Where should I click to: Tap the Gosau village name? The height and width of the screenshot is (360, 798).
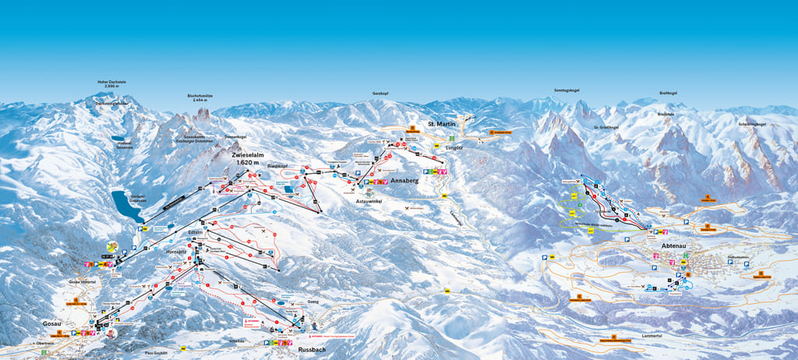tap(52, 321)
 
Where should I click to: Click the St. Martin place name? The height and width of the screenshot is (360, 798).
tap(441, 124)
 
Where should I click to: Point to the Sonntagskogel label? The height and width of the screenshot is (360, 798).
tap(567, 90)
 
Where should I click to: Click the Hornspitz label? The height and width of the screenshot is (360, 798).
tap(177, 252)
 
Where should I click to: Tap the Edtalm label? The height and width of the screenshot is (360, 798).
tap(196, 232)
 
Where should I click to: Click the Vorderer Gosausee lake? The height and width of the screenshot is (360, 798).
tap(123, 206)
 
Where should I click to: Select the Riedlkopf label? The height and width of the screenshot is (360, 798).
tap(278, 166)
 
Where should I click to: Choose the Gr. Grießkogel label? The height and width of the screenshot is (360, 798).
tap(606, 127)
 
